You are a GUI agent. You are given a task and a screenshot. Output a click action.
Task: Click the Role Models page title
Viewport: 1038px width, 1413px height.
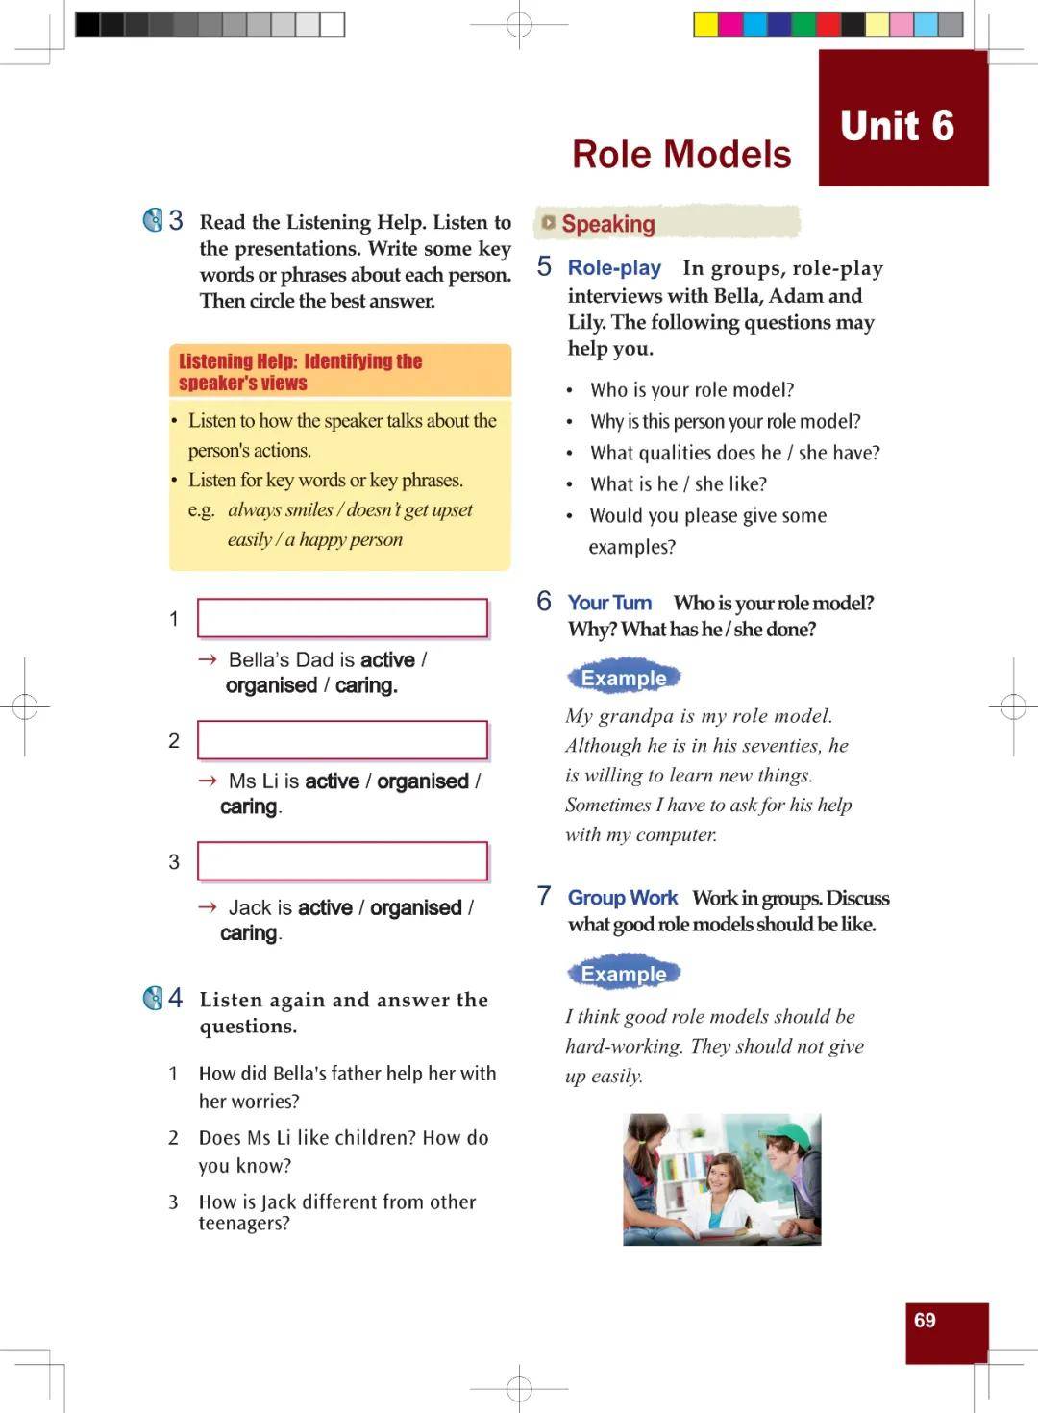pyautogui.click(x=680, y=155)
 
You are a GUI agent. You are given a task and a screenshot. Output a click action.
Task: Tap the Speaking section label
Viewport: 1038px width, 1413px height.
pyautogui.click(x=607, y=224)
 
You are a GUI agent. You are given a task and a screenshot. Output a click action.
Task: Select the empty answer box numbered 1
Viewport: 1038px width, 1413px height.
pyautogui.click(x=342, y=618)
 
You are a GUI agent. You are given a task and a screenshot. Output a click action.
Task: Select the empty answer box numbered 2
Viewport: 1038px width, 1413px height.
pyautogui.click(x=342, y=740)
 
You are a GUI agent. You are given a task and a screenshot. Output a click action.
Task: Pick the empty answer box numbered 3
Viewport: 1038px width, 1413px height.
pyautogui.click(x=342, y=861)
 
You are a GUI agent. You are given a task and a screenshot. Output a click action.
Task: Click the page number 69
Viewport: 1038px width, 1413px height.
pyautogui.click(x=925, y=1321)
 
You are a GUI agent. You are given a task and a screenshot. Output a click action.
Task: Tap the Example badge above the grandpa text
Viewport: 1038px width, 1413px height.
pyautogui.click(x=623, y=678)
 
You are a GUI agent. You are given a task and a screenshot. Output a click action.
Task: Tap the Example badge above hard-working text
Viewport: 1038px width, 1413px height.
pyautogui.click(x=623, y=974)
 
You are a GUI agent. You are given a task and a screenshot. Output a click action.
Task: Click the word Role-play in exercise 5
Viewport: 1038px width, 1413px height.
pyautogui.click(x=614, y=268)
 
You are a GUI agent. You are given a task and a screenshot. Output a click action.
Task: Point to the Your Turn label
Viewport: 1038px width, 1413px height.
pyautogui.click(x=609, y=603)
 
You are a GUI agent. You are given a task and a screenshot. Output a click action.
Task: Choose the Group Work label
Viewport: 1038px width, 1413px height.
pyautogui.click(x=622, y=898)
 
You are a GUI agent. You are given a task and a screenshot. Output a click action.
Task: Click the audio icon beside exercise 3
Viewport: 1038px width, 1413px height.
pyautogui.click(x=153, y=221)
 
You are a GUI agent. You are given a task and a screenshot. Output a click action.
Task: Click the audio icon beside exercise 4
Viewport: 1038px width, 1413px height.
pyautogui.click(x=153, y=999)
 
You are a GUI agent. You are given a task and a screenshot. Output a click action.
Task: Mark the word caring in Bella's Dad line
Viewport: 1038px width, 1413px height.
pyautogui.click(x=366, y=685)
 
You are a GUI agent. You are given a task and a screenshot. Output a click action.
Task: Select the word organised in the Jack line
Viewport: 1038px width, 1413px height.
pyautogui.click(x=415, y=907)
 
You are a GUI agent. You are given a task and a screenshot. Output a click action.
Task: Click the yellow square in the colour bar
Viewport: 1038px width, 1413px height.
pyautogui.click(x=706, y=24)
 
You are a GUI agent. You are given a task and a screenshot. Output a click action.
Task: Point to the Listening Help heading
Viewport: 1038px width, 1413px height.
pyautogui.click(x=300, y=372)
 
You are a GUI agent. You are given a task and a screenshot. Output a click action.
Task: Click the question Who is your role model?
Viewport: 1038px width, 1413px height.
pyautogui.click(x=692, y=390)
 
